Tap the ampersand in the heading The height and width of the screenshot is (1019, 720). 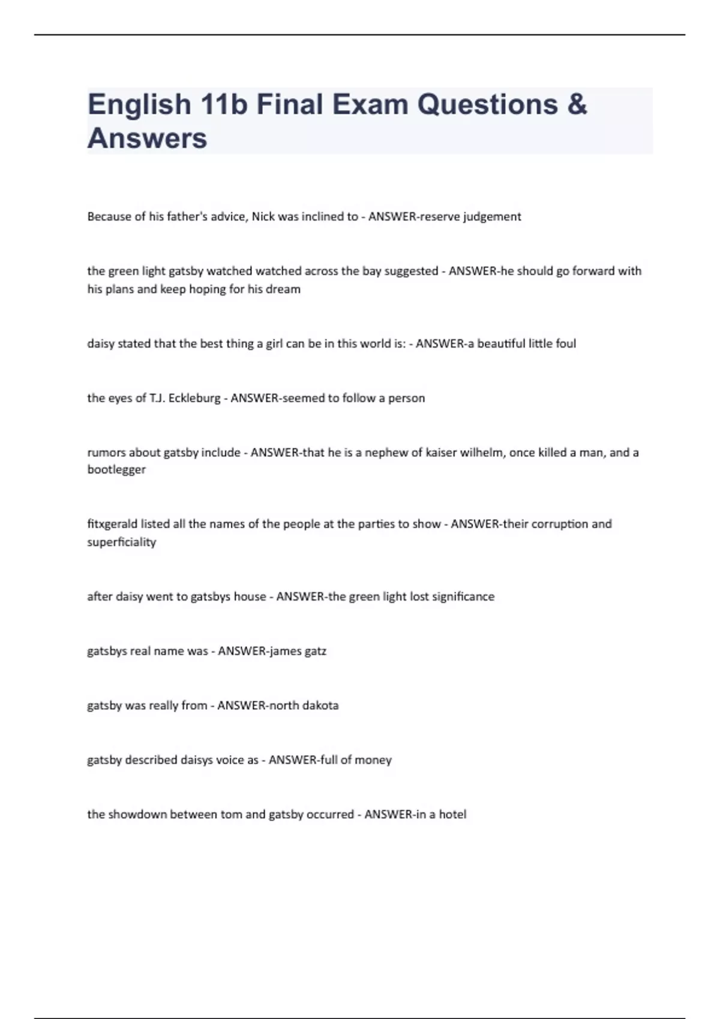coord(577,104)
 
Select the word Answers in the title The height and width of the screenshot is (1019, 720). coord(147,138)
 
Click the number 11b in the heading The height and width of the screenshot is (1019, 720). coord(224,104)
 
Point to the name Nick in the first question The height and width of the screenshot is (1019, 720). coord(263,216)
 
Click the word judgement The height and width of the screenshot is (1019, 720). coord(491,217)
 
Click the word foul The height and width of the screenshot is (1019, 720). coord(565,343)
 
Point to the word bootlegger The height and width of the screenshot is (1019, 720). coord(116,470)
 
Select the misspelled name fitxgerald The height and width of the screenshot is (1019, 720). coord(112,524)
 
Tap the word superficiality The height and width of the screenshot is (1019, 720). coord(121,542)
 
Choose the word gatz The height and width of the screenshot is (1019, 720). coord(316,651)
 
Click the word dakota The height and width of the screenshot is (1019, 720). coord(320,706)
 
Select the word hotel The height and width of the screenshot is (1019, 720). coord(452,814)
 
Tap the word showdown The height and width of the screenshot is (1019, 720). coord(137,814)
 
